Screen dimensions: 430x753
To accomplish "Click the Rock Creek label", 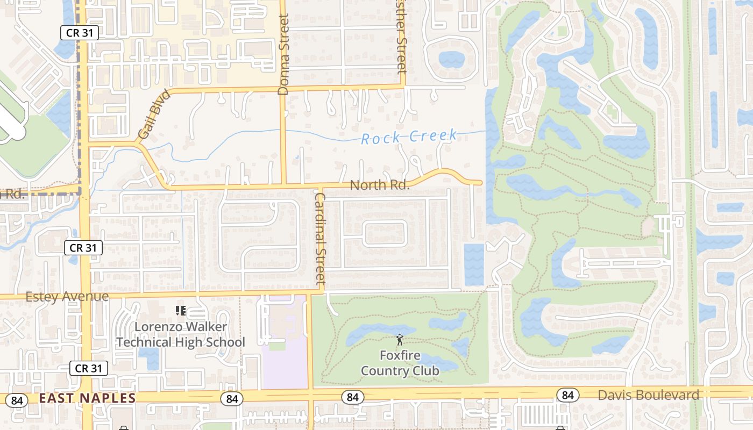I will [409, 137].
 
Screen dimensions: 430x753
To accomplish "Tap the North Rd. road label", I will [380, 185].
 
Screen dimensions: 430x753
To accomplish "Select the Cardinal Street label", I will [321, 239].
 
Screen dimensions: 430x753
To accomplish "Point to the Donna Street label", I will [284, 54].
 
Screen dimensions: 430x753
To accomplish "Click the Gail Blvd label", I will [153, 114].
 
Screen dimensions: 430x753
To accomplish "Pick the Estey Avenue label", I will [67, 297].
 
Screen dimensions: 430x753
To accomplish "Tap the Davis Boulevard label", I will [649, 395].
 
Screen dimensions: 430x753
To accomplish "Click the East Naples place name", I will [87, 398].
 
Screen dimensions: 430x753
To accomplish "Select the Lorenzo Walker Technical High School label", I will [181, 334].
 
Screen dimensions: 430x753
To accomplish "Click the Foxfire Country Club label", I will [400, 363].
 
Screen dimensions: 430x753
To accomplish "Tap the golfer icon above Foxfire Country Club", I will [400, 340].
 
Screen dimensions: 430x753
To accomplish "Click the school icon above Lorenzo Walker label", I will [181, 310].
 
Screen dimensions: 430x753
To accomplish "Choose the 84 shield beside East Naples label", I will [17, 400].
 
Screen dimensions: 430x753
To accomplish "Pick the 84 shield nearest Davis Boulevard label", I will [567, 396].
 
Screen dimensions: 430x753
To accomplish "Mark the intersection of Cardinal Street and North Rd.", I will [319, 187].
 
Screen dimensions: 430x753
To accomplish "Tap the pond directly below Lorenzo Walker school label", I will [148, 358].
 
